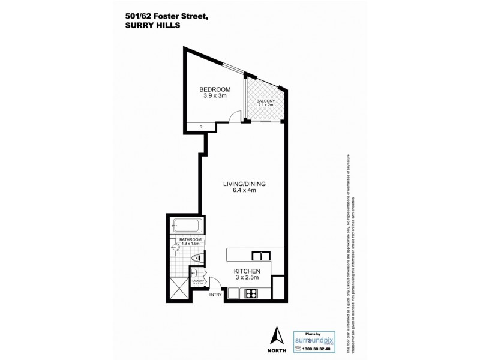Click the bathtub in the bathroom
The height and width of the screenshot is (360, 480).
tap(187, 227)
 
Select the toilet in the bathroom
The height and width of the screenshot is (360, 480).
tap(195, 259)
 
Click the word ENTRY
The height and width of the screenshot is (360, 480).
tap(215, 294)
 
